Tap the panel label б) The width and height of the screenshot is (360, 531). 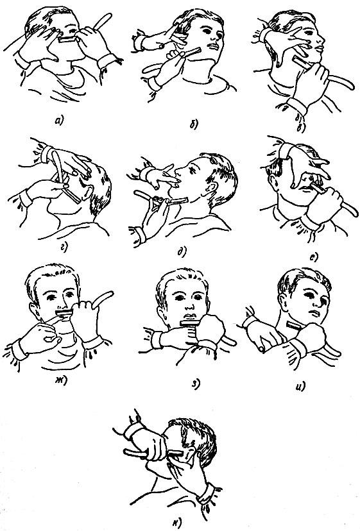pos(194,124)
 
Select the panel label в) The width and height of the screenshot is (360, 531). pos(301,128)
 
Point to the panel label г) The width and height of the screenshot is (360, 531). pos(64,247)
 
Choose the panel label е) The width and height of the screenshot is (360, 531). pos(314,257)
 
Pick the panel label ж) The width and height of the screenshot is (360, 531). pos(61,379)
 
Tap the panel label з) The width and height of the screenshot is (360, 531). pos(196,383)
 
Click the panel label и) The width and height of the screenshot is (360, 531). pos(300,385)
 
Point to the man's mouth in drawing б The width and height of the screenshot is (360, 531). pos(212,46)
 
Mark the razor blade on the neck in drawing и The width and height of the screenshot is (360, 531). pos(293,326)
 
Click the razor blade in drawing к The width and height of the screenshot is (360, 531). pos(175,453)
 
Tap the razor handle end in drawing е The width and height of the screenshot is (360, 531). pos(354,214)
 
